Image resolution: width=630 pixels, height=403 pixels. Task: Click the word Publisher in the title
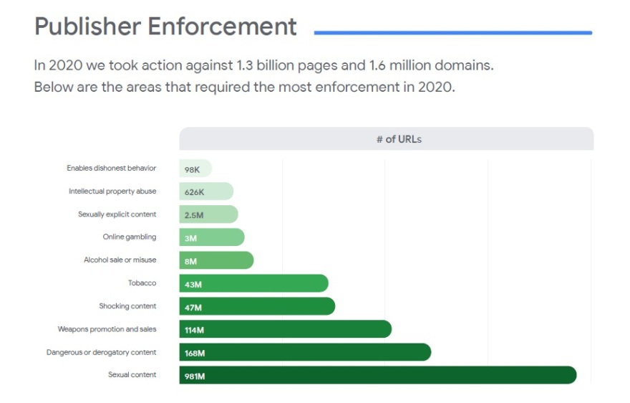tap(87, 27)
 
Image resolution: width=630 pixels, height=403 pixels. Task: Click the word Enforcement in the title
tap(223, 27)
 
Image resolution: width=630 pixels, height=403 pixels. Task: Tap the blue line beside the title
tap(452, 32)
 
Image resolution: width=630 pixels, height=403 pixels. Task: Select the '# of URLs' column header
tap(399, 139)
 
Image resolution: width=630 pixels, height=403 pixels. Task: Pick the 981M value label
tap(195, 376)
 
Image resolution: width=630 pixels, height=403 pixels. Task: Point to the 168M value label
tap(195, 353)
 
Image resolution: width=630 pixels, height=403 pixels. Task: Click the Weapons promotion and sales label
tap(107, 329)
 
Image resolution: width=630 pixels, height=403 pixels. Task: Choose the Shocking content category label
tap(127, 306)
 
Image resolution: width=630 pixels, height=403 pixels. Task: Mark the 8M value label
tap(190, 262)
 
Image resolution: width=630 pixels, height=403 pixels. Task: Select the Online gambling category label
tap(129, 237)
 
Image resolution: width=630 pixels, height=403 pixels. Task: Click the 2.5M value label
tap(194, 215)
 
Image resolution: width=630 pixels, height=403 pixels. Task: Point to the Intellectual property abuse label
tap(112, 191)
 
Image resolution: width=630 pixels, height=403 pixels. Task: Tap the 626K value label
tap(194, 192)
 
